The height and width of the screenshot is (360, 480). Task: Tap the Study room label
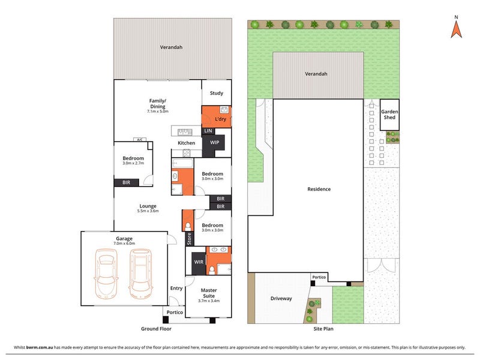pos(217,93)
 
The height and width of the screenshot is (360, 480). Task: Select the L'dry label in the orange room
pos(220,119)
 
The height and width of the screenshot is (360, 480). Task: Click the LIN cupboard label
pos(208,131)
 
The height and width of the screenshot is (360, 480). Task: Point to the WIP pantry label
pos(215,142)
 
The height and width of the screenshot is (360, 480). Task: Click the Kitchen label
pos(187,143)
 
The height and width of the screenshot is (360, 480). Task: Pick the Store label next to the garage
pos(189,239)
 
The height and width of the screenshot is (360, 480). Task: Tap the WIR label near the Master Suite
pos(199,262)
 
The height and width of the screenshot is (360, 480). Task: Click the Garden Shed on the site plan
pos(389,115)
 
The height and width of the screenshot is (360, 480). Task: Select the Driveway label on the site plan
pos(281,298)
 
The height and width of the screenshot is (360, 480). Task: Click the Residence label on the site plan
pos(319,189)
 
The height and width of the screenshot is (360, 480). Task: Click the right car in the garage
pos(140,274)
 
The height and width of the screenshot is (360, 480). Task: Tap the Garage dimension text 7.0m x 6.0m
pos(124,244)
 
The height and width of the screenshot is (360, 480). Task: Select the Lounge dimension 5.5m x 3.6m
pos(148,211)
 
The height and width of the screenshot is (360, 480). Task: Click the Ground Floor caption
pos(156,329)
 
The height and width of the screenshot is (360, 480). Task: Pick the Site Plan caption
pos(323,329)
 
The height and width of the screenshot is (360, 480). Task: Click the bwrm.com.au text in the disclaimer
pos(40,347)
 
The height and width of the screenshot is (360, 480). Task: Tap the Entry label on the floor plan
pos(176,288)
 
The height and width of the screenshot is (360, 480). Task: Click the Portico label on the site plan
pos(319,277)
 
